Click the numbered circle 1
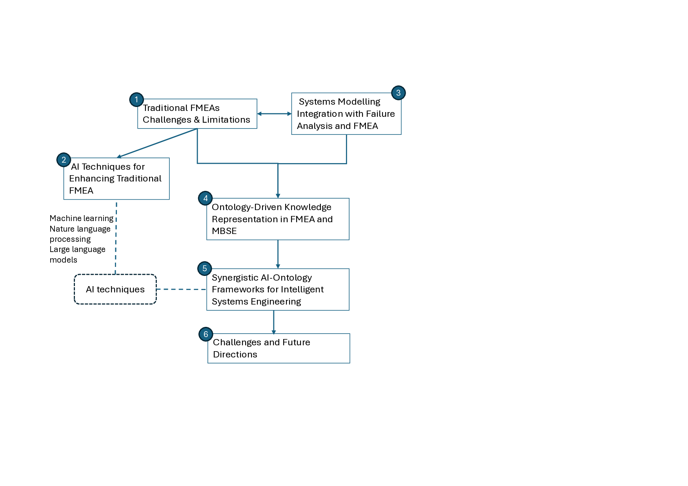click(137, 100)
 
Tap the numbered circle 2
click(64, 160)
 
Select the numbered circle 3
click(398, 93)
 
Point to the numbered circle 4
click(205, 198)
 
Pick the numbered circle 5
click(204, 268)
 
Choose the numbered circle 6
click(206, 334)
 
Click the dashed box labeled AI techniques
click(115, 289)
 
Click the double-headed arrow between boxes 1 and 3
click(274, 114)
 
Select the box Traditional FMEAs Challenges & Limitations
click(197, 114)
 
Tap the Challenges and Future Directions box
click(278, 348)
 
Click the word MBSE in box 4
click(224, 231)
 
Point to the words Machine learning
click(81, 218)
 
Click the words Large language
click(77, 250)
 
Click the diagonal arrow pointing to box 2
click(157, 143)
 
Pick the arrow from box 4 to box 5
click(278, 254)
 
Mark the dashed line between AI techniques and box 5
click(181, 289)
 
